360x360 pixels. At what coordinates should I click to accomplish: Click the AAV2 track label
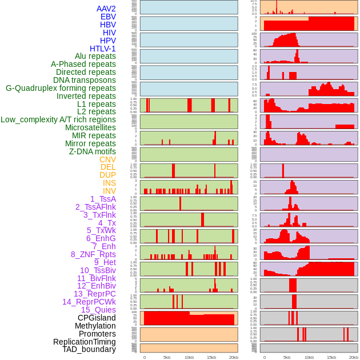pos(106,9)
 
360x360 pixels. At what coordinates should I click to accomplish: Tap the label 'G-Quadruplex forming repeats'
pos(61,88)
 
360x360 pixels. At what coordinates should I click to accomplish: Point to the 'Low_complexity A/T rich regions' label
pos(58,119)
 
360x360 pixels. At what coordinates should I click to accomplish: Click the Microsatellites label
pos(90,127)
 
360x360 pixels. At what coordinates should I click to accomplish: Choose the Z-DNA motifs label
pos(92,151)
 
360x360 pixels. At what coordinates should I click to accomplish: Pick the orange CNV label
pos(107,159)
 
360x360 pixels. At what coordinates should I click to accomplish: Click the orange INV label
pos(109,191)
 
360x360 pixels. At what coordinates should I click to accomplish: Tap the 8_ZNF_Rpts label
pos(93,254)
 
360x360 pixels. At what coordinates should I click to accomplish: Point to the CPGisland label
pos(97,318)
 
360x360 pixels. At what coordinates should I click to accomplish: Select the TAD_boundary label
pos(89,349)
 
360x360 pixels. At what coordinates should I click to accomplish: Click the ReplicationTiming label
pos(84,342)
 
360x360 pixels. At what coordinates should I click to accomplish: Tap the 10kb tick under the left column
pos(189,357)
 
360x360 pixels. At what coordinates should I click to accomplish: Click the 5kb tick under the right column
pos(286,357)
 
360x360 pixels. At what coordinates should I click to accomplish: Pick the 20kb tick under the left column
pos(234,357)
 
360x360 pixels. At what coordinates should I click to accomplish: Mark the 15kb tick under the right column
pos(331,357)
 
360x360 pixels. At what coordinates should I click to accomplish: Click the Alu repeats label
pos(95,56)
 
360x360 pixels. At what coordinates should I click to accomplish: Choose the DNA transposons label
pos(85,80)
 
